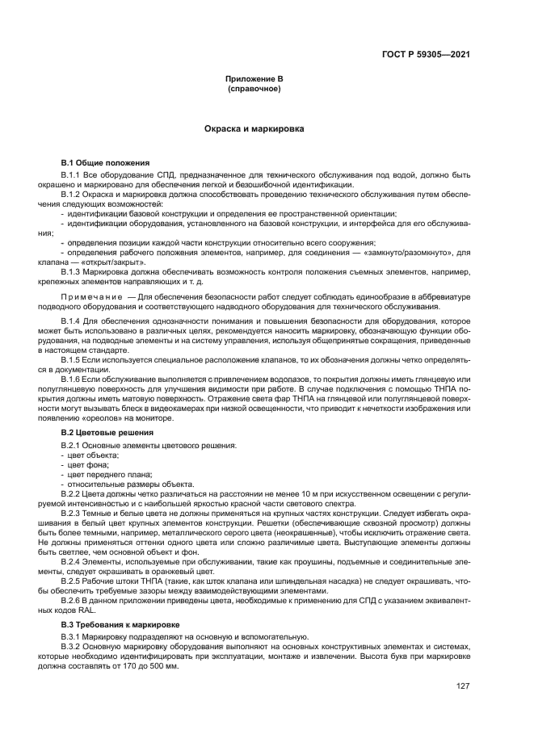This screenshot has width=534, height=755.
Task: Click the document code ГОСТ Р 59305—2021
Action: click(426, 54)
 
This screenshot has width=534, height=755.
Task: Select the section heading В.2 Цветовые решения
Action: click(107, 434)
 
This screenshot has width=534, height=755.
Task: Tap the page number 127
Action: click(462, 687)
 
